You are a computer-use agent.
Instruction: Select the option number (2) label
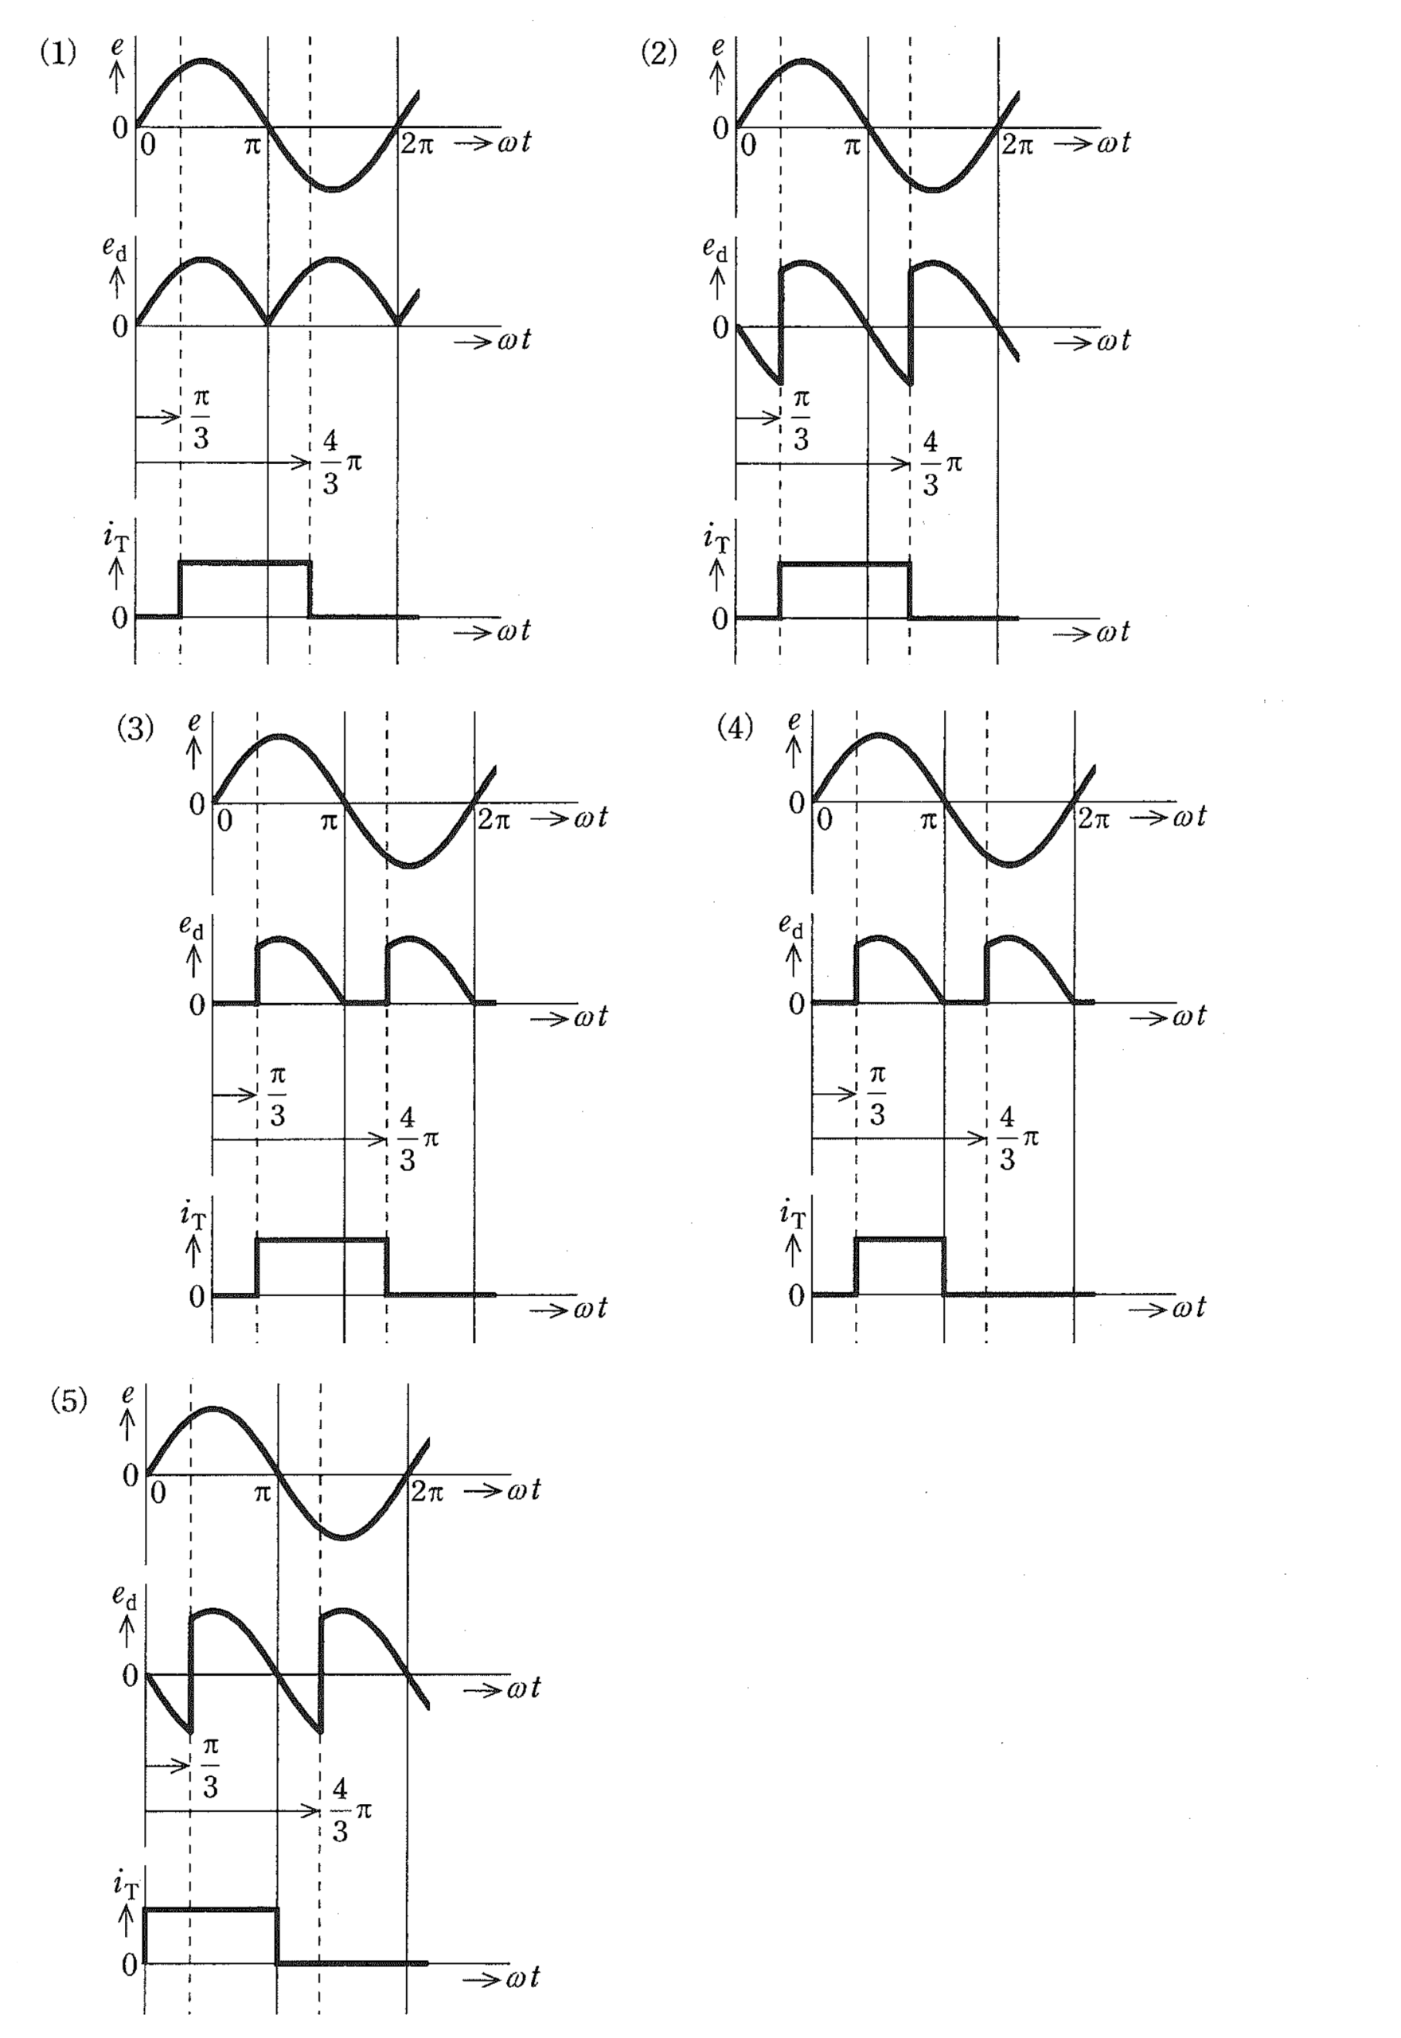click(659, 53)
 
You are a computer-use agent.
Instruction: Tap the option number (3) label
click(135, 728)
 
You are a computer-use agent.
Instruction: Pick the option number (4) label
click(736, 728)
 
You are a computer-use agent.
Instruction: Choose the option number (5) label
click(69, 1401)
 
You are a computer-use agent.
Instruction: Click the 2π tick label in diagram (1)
click(417, 144)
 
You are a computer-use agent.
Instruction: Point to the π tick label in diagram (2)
click(852, 146)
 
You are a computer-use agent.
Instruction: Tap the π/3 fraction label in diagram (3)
click(277, 1096)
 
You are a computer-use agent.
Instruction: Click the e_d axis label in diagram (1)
click(114, 249)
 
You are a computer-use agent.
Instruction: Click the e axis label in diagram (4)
click(794, 721)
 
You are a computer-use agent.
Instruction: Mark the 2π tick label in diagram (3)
click(494, 820)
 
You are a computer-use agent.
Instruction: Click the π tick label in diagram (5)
click(262, 1493)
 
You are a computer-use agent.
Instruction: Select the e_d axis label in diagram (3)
click(191, 927)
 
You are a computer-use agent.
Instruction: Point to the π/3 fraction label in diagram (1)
click(201, 420)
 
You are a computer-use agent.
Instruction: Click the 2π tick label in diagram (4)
click(1094, 819)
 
